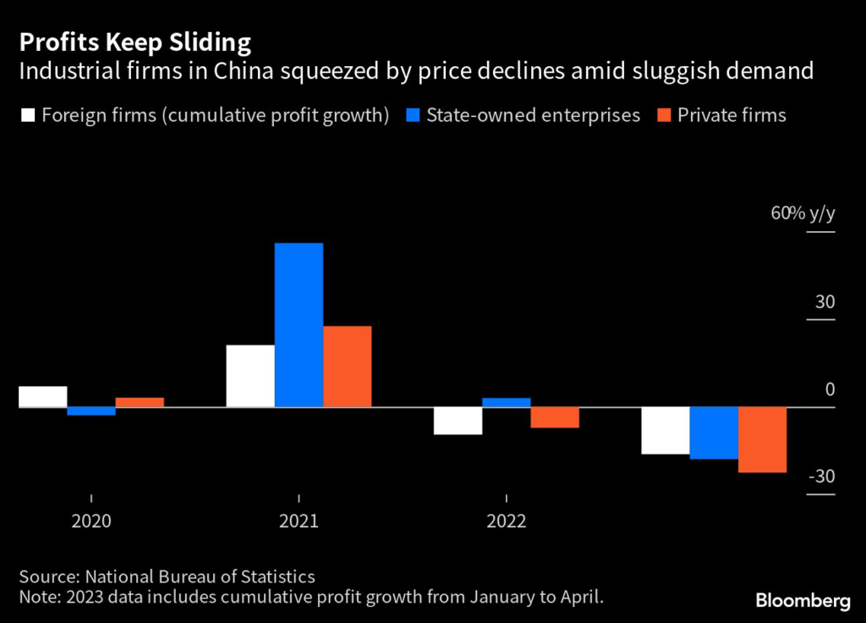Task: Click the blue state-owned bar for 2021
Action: [299, 325]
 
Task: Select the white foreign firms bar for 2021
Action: [250, 376]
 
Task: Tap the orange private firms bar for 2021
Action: [347, 367]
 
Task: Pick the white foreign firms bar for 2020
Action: [42, 396]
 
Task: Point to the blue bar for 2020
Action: [91, 411]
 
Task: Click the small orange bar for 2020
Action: [140, 402]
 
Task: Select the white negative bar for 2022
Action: [458, 421]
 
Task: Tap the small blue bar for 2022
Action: [507, 402]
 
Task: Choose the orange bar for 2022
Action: [555, 417]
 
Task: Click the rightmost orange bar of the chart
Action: [763, 439]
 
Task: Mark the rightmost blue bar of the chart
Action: [714, 433]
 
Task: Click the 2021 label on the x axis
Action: [299, 521]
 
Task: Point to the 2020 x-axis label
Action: [91, 521]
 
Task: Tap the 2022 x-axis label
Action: [507, 521]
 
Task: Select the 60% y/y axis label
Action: [803, 213]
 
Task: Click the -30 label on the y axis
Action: [821, 477]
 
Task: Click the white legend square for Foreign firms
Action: [26, 116]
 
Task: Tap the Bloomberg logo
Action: [803, 601]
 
